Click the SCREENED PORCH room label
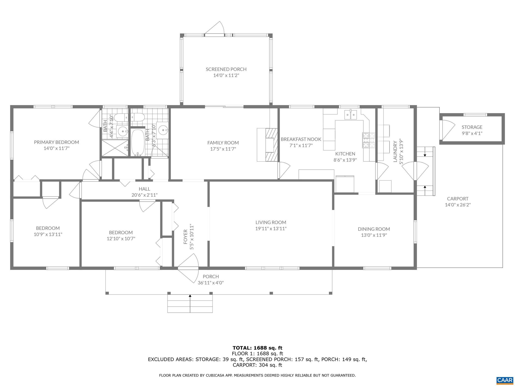click(x=226, y=69)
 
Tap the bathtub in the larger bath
click(x=137, y=142)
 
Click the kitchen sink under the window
click(x=351, y=115)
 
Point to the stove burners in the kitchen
click(x=368, y=140)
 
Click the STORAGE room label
click(x=472, y=127)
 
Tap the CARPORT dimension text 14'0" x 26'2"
click(x=458, y=205)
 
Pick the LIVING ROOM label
click(x=271, y=222)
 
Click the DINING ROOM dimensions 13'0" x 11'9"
click(x=374, y=235)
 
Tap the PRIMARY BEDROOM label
click(x=56, y=142)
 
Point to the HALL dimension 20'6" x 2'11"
click(x=144, y=195)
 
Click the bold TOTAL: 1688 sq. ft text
click(x=257, y=348)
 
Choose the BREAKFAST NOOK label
click(x=301, y=139)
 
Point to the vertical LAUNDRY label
click(x=395, y=152)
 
